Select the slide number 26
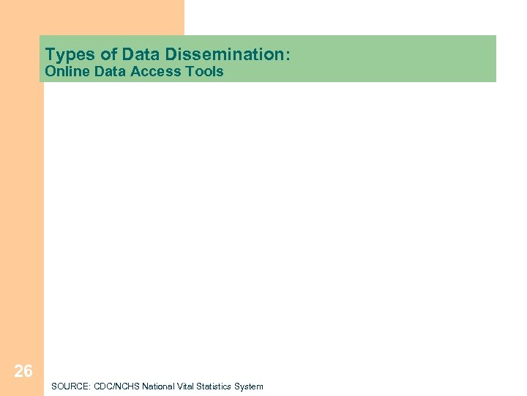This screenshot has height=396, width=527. tap(23, 372)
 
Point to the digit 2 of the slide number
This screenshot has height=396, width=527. tap(18, 372)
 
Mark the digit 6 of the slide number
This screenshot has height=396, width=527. tap(29, 372)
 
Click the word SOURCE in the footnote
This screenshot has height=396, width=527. tap(68, 386)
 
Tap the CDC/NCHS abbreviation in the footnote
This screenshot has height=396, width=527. tap(114, 386)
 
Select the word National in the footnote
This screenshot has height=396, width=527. tap(158, 386)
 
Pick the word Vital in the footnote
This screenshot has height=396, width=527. tap(186, 386)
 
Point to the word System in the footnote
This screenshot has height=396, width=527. tap(249, 386)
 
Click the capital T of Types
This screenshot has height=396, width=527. tap(50, 54)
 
